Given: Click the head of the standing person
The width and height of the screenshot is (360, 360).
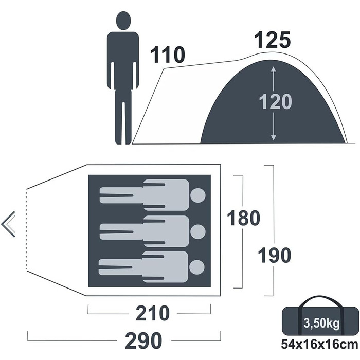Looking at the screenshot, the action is [123, 21].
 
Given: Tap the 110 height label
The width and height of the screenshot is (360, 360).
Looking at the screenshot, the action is [167, 55].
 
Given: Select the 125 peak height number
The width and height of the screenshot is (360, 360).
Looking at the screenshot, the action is [273, 40].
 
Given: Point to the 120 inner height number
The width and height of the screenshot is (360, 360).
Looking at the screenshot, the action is [275, 101].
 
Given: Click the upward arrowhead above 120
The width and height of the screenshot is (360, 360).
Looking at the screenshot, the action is [273, 69].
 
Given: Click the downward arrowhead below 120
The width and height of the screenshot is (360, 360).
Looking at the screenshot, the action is [273, 137].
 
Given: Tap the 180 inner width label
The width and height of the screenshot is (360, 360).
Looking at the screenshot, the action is [243, 218].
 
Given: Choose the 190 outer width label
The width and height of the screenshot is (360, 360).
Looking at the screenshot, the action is [274, 255].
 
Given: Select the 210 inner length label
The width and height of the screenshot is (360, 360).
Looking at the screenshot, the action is [153, 313].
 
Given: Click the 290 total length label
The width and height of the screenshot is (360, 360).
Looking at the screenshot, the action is [143, 340].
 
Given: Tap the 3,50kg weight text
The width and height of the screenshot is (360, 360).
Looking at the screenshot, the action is [321, 323].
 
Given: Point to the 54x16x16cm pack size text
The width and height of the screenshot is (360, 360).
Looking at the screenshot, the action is [319, 345].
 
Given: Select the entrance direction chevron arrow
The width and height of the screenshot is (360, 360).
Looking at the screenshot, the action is [8, 224].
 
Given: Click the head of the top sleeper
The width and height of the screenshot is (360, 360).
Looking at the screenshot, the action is [198, 195].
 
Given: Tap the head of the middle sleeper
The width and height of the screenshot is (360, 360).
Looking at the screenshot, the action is [198, 231].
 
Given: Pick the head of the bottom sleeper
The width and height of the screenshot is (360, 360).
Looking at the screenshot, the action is [197, 267].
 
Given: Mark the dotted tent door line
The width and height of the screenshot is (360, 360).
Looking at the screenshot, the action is [27, 229].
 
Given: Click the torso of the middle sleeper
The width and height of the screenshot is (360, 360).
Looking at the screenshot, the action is [166, 231].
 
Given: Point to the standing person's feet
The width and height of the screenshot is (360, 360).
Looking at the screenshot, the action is [123, 142].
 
